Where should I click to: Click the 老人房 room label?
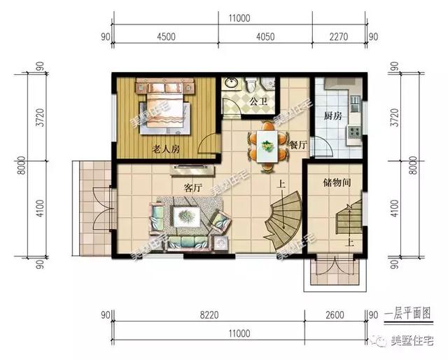pyautogui.click(x=166, y=149)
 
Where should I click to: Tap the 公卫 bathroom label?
pyautogui.click(x=258, y=102)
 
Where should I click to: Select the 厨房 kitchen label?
pyautogui.click(x=333, y=116)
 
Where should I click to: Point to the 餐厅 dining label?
pyautogui.click(x=298, y=145)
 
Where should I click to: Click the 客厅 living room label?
pyautogui.click(x=193, y=188)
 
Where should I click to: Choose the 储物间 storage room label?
pyautogui.click(x=337, y=182)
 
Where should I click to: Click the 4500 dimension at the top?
pyautogui.click(x=166, y=37)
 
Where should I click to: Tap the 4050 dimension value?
pyautogui.click(x=265, y=37)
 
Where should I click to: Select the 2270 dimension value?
pyautogui.click(x=339, y=37)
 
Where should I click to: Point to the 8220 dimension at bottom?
pyautogui.click(x=209, y=315)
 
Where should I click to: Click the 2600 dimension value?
pyautogui.click(x=335, y=315)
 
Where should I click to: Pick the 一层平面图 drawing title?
pyautogui.click(x=408, y=314)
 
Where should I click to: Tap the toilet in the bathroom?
pyautogui.click(x=251, y=84)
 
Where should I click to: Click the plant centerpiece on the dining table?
pyautogui.click(x=266, y=145)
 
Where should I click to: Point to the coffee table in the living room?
pyautogui.click(x=186, y=216)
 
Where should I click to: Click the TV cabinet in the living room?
pyautogui.click(x=192, y=170)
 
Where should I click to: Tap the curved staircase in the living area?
pyautogui.click(x=283, y=220)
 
